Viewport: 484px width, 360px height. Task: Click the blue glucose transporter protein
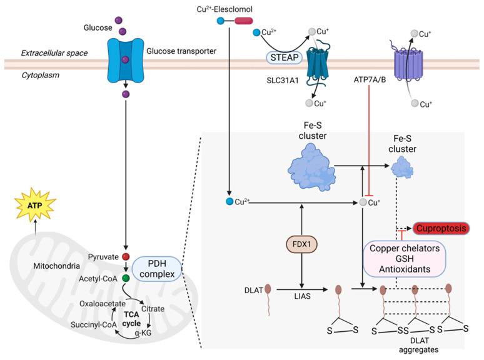(x=124, y=61)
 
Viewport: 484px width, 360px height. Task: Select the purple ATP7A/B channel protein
(x=411, y=64)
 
